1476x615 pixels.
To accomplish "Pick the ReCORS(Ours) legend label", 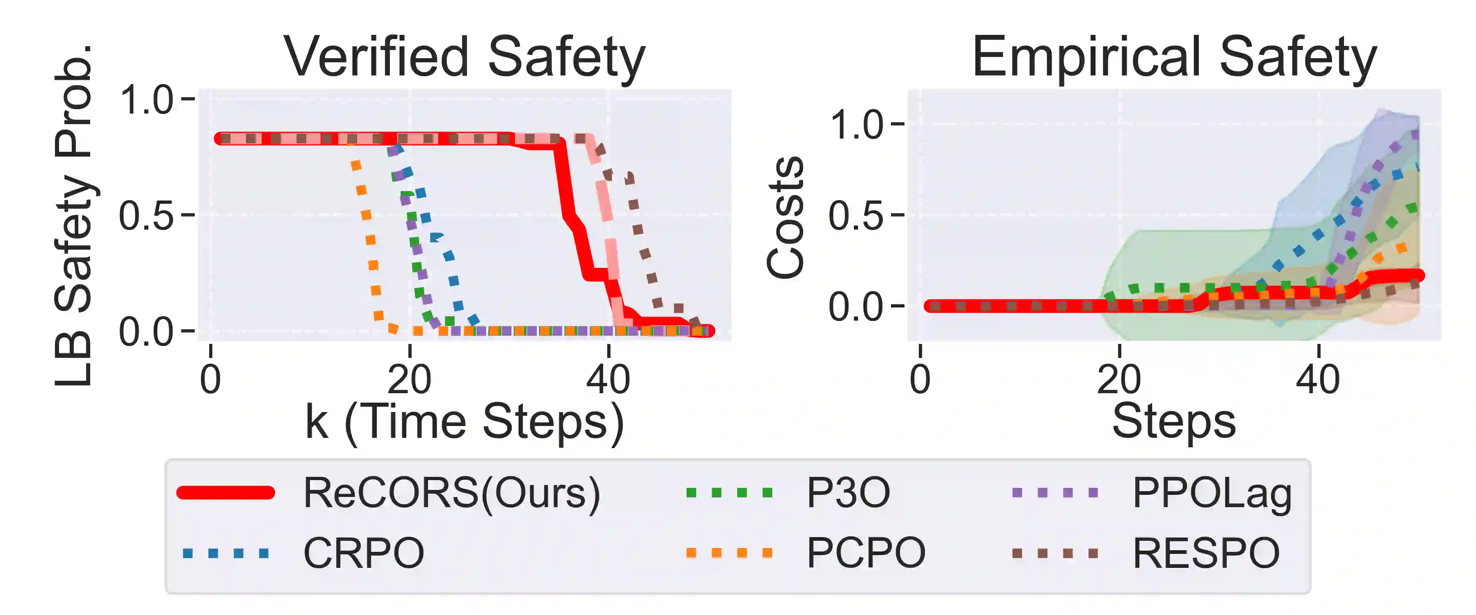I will [451, 493].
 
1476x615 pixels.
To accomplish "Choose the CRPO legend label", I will [363, 553].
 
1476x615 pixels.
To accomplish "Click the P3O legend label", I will [848, 493].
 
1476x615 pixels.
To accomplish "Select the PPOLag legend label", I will [1212, 493].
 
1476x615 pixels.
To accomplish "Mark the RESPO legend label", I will [1206, 553].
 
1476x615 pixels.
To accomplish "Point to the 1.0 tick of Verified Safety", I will [146, 100].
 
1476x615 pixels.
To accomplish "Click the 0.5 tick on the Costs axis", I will [856, 216].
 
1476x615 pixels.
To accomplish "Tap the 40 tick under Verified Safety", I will [608, 379].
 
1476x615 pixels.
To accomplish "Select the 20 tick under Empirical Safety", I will [1118, 379].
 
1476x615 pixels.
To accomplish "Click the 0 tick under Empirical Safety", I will [920, 379].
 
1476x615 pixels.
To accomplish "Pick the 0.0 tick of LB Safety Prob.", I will [146, 331].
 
